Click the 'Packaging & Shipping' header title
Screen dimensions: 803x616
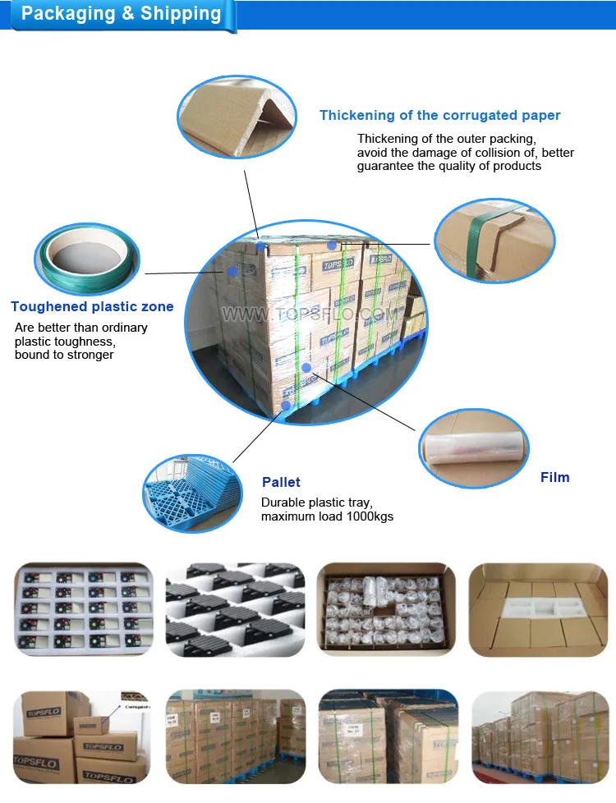(121, 14)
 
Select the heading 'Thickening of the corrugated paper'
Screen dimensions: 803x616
(439, 116)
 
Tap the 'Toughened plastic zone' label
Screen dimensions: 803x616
(92, 307)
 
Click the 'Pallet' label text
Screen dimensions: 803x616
(281, 482)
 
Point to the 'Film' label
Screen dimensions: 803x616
(554, 477)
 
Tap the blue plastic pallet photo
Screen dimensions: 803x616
(191, 492)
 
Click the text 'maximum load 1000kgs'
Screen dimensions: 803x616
(327, 516)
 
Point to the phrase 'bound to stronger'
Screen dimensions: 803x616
(64, 355)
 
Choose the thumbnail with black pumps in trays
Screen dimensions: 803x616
(235, 608)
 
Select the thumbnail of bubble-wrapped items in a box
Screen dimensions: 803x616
(386, 608)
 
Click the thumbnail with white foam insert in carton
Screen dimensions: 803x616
(538, 608)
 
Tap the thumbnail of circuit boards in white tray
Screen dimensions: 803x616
(84, 608)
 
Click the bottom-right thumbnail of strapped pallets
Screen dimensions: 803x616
(540, 736)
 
